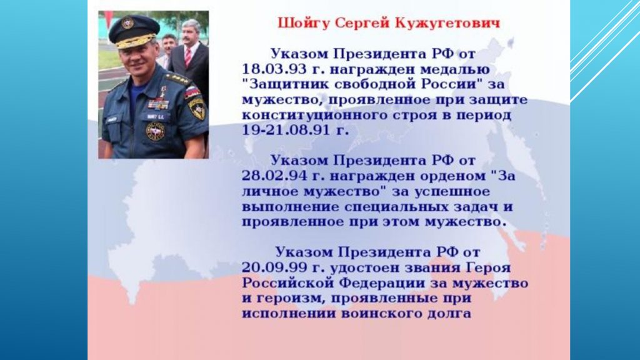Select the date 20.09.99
tap(274, 267)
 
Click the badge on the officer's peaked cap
tap(127, 22)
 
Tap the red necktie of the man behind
tap(187, 57)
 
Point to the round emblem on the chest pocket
tap(155, 132)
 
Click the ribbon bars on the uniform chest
tap(158, 104)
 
